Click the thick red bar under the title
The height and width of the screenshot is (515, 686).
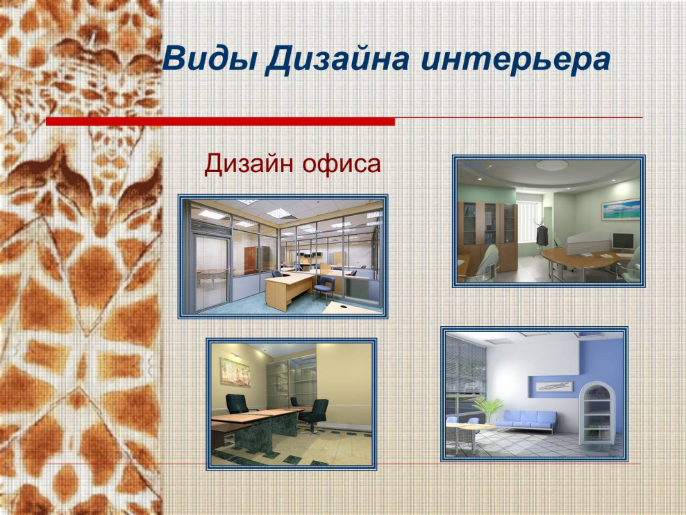[x=220, y=121]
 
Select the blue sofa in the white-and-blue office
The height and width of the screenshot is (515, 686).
[x=530, y=419]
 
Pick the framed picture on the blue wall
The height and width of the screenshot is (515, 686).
[x=554, y=385]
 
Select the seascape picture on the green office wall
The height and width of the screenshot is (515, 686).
[x=621, y=209]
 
